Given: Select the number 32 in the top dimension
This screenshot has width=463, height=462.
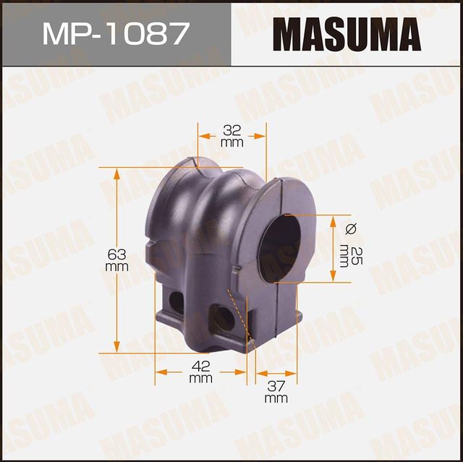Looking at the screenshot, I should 231,131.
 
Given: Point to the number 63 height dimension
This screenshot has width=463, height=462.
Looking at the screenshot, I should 116,254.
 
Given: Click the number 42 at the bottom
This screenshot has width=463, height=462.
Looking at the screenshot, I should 200,366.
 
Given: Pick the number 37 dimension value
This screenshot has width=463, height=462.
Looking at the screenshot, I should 276,386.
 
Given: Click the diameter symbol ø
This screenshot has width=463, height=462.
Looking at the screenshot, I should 352,228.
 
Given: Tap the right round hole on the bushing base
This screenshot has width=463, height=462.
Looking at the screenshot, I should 225,318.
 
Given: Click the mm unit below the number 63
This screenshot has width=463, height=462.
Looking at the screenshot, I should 116,267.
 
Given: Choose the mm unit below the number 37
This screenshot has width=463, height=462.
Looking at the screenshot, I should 276,398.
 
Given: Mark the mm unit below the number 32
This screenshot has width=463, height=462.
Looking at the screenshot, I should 231,142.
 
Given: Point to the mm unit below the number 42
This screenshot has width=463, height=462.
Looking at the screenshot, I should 200,377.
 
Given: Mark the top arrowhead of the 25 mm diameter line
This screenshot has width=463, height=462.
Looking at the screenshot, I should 333,219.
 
